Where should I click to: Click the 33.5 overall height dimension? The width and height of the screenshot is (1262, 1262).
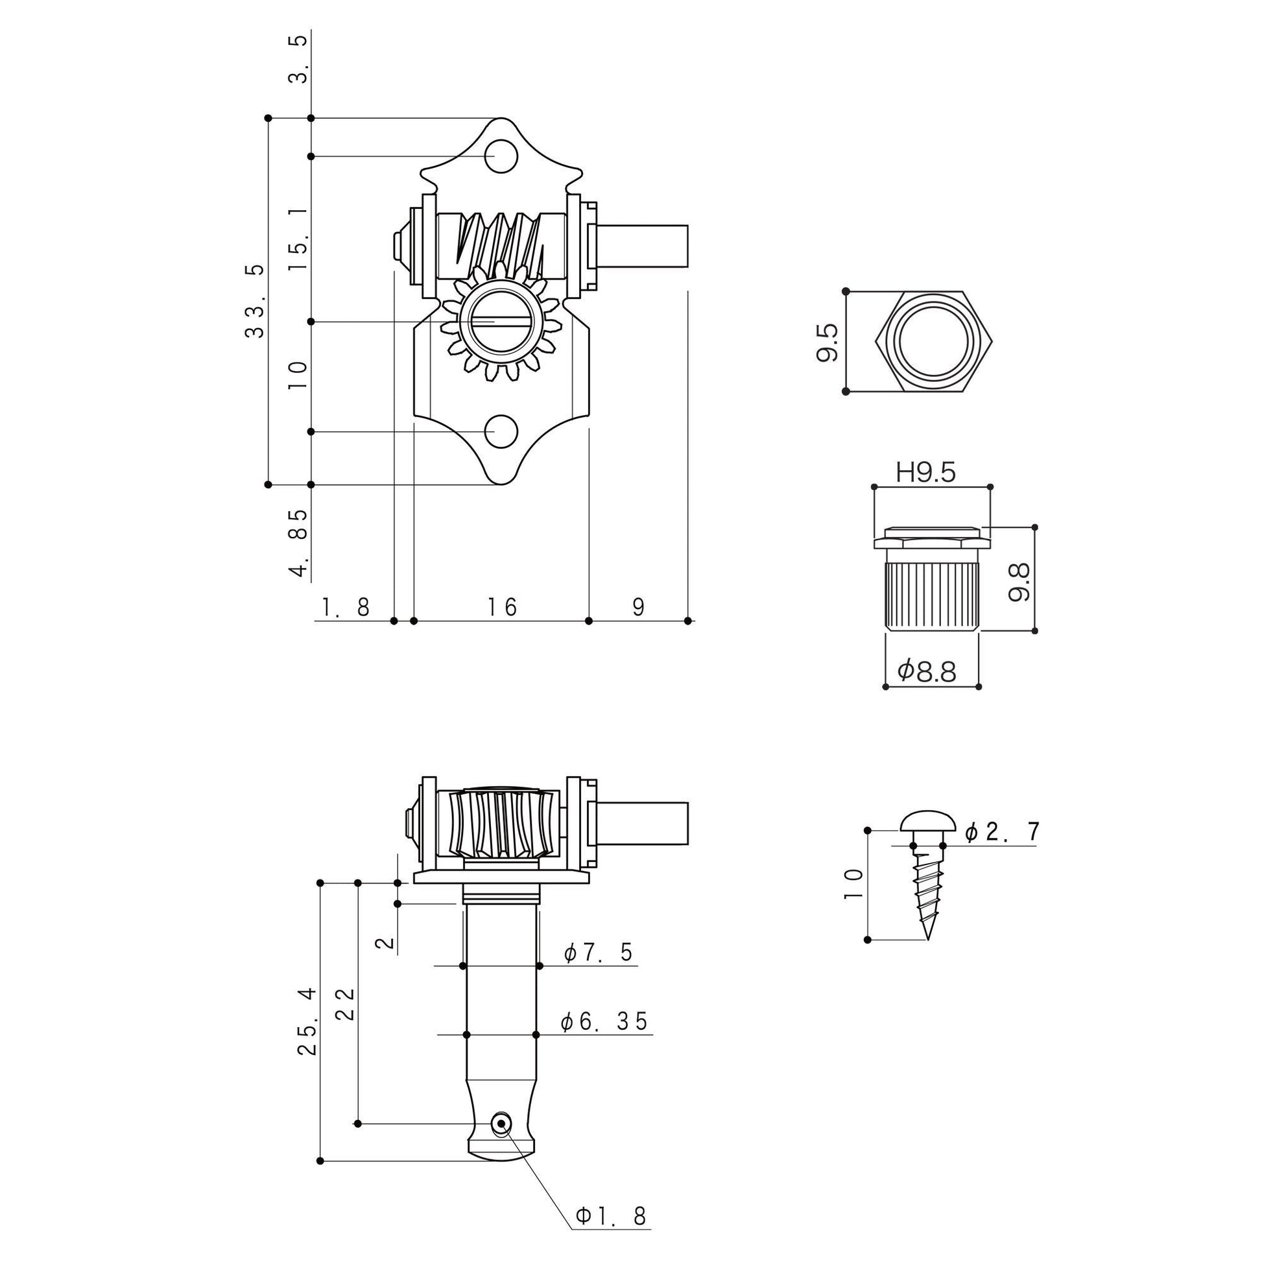pyautogui.click(x=256, y=301)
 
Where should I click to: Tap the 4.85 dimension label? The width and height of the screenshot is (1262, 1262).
pyautogui.click(x=298, y=543)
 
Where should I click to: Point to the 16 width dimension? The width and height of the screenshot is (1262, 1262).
pyautogui.click(x=502, y=607)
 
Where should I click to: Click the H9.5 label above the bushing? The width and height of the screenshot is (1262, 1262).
pyautogui.click(x=925, y=472)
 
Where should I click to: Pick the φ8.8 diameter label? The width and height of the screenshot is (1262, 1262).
pyautogui.click(x=927, y=671)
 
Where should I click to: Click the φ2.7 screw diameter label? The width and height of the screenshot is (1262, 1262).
pyautogui.click(x=1001, y=831)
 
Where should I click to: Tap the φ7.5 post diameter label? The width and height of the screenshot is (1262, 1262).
pyautogui.click(x=599, y=953)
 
